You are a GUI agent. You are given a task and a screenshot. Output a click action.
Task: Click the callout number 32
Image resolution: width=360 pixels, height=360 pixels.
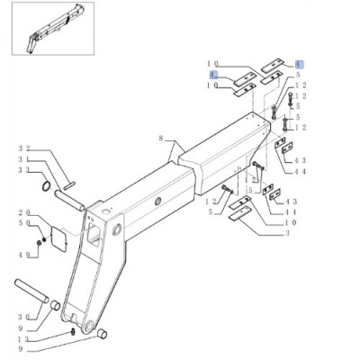click(23, 148)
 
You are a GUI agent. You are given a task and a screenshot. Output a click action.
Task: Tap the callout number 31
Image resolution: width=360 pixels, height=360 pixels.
click(23, 159)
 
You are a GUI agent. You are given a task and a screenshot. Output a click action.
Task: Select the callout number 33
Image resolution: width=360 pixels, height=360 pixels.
click(23, 171)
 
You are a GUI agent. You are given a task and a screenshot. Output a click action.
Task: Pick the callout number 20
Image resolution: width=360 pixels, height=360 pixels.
click(23, 212)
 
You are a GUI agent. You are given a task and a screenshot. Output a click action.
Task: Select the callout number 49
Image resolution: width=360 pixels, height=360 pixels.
click(23, 255)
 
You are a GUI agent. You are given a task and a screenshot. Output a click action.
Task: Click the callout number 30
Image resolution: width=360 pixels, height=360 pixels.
click(23, 316)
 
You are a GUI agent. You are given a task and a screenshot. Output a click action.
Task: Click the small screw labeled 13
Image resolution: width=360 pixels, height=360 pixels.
click(73, 334)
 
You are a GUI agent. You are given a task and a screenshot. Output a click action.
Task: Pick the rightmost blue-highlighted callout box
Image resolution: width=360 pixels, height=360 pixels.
click(299, 65)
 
